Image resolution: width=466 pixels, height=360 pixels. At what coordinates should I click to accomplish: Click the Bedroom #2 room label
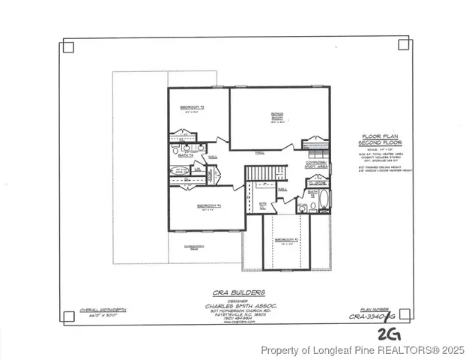click(x=192, y=108)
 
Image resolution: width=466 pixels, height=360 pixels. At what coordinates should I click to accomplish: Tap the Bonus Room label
click(x=277, y=116)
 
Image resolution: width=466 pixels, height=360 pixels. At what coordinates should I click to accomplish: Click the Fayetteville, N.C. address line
click(x=236, y=316)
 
